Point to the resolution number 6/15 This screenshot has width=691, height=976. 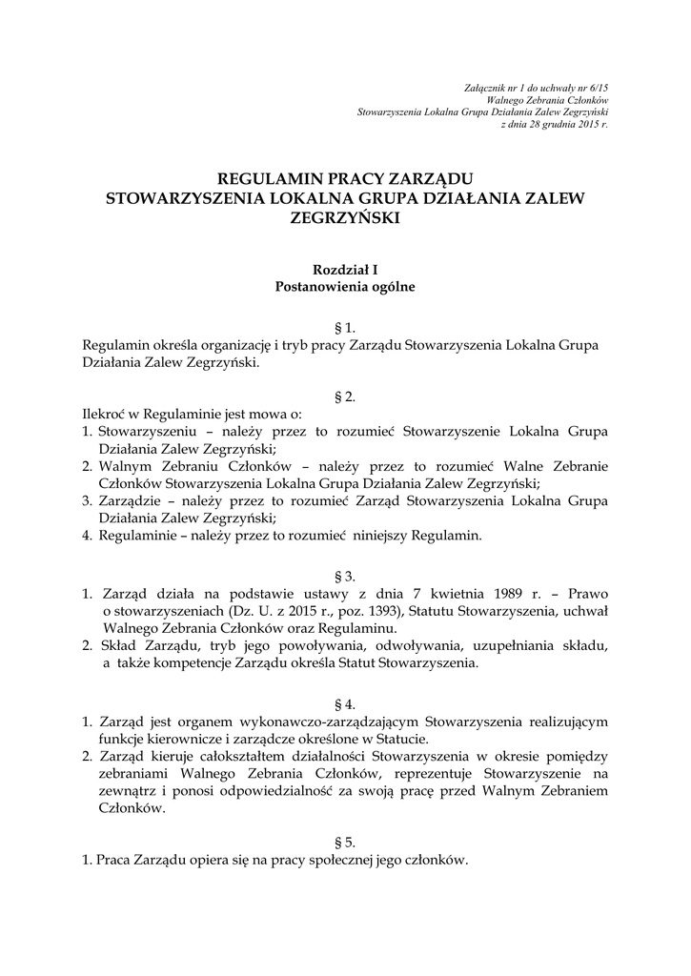pos(600,87)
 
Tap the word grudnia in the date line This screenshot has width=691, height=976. pos(558,125)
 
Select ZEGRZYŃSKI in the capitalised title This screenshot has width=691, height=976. pos(345,218)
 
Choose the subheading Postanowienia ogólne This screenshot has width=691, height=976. pos(345,286)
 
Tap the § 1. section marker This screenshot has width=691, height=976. pos(345,327)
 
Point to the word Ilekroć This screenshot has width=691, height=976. pos(104,414)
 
